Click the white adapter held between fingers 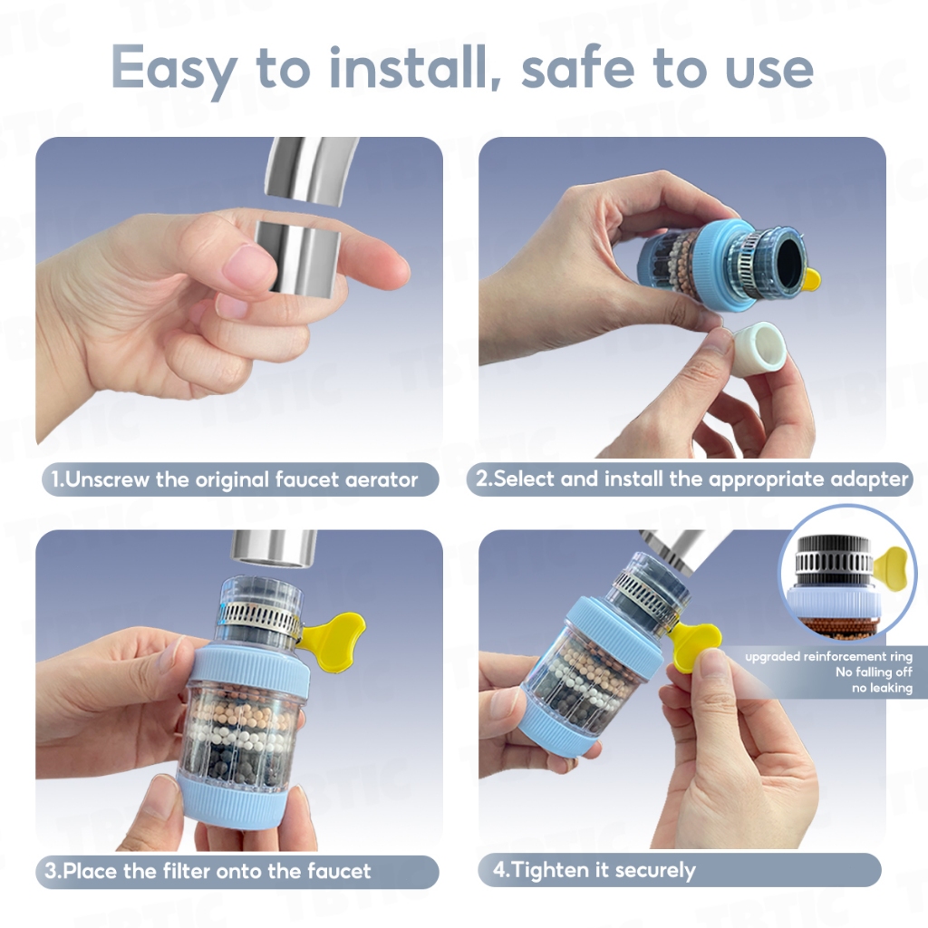click(759, 347)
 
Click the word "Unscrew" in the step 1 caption click(107, 478)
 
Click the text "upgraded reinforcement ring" click(828, 656)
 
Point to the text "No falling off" click(875, 672)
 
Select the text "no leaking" click(883, 688)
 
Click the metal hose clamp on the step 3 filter click(260, 616)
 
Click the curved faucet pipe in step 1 click(310, 172)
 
